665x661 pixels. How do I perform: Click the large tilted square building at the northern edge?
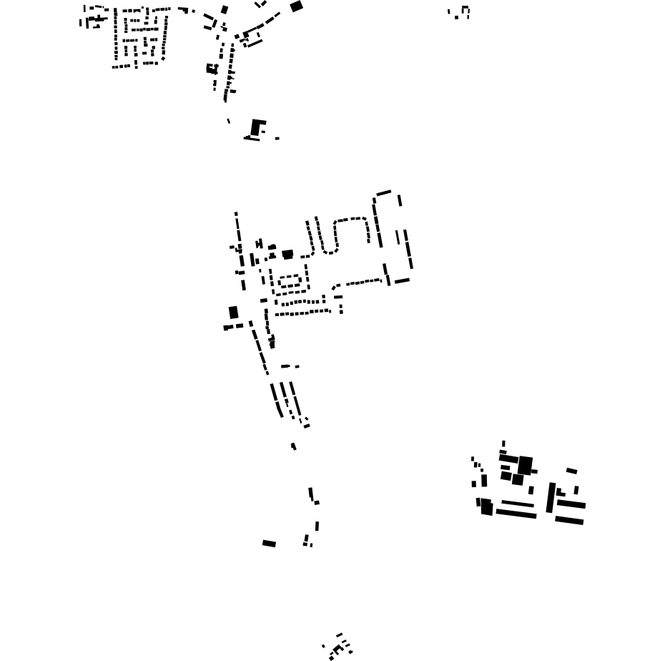(x=296, y=6)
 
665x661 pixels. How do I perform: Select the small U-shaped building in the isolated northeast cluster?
(x=465, y=10)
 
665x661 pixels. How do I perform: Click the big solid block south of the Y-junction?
(x=256, y=127)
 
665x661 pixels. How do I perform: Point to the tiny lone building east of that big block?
(x=277, y=138)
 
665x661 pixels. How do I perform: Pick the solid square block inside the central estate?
(x=287, y=254)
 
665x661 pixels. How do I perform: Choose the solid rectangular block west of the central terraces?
(x=233, y=313)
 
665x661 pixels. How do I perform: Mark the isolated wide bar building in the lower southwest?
(x=269, y=544)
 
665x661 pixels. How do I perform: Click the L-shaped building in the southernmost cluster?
(x=337, y=650)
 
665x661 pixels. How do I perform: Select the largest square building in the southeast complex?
(x=525, y=465)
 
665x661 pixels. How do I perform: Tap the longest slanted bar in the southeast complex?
(x=516, y=513)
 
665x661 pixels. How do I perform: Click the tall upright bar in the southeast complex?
(x=551, y=497)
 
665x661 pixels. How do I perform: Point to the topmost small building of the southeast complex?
(x=503, y=444)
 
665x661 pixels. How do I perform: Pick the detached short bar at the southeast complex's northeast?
(x=571, y=471)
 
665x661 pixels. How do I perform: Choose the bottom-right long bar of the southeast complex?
(x=569, y=520)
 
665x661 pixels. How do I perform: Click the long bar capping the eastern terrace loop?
(x=384, y=192)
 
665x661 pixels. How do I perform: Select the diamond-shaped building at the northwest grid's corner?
(x=163, y=59)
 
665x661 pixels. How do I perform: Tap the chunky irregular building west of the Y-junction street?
(x=212, y=69)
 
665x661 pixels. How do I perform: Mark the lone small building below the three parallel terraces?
(x=293, y=446)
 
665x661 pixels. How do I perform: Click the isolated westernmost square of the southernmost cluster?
(x=323, y=646)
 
